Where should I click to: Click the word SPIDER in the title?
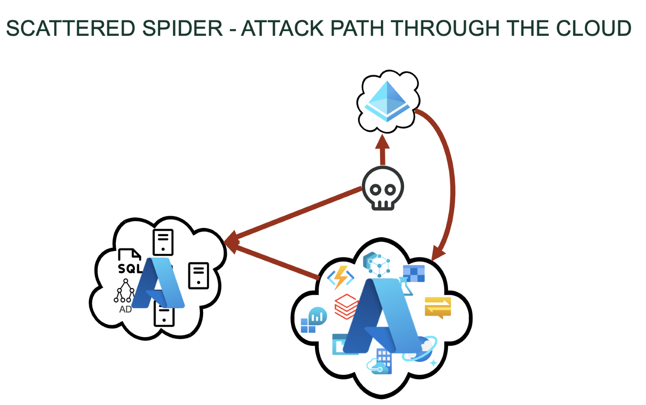pyautogui.click(x=182, y=29)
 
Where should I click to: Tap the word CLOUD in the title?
pyautogui.click(x=593, y=29)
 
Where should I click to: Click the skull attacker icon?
pyautogui.click(x=383, y=188)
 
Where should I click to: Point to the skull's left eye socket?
pyautogui.click(x=375, y=190)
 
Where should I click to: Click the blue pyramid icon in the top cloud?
pyautogui.click(x=387, y=101)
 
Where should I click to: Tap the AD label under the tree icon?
pyautogui.click(x=125, y=309)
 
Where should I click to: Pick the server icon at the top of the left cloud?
pyautogui.click(x=163, y=242)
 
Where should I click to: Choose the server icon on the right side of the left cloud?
pyautogui.click(x=198, y=276)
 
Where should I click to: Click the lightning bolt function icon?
pyautogui.click(x=340, y=277)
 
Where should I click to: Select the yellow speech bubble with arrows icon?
pyautogui.click(x=438, y=307)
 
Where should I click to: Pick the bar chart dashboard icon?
pyautogui.click(x=315, y=320)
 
